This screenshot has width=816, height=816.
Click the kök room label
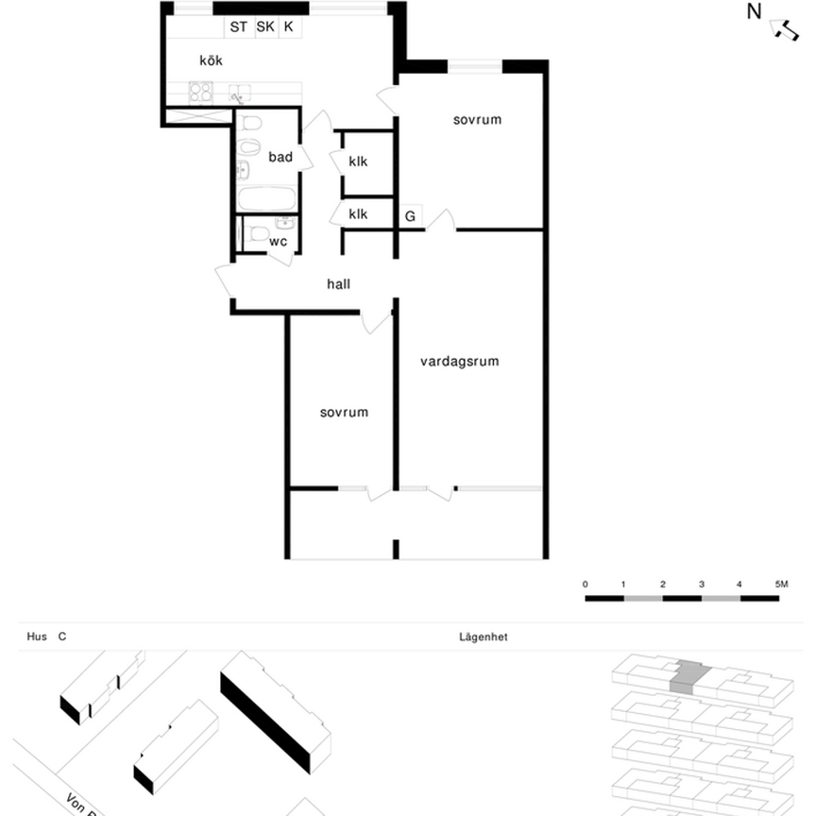tap(211, 60)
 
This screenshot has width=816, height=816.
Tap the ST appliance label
tap(238, 27)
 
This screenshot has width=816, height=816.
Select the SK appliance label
tap(265, 27)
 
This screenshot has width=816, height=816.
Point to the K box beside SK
tap(289, 27)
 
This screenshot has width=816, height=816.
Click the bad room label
tap(280, 157)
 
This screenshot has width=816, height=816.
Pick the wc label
tap(278, 242)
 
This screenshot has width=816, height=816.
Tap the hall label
tap(339, 283)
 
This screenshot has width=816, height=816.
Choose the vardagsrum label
tap(460, 361)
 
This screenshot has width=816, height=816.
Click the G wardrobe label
tap(410, 216)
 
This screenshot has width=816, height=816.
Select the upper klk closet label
tap(358, 161)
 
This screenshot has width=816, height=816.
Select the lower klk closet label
tap(358, 214)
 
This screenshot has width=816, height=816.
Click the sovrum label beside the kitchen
tap(477, 120)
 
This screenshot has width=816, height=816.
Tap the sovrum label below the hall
tap(344, 413)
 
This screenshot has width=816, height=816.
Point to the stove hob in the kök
tap(200, 92)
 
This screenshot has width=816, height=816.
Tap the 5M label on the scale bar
tap(780, 586)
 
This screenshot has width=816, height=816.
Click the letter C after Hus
tap(62, 637)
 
